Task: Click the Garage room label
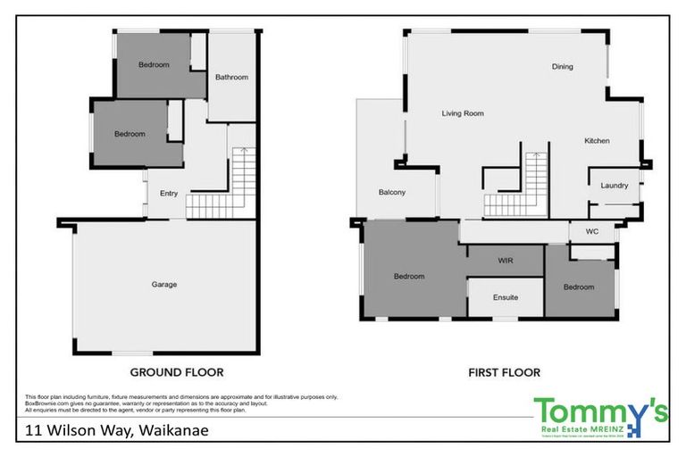(x=163, y=285)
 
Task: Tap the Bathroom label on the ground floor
(x=231, y=78)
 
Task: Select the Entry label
(x=169, y=194)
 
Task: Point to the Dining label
(x=562, y=67)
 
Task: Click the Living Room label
(x=463, y=113)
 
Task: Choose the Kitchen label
(x=597, y=141)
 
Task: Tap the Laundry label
(x=615, y=186)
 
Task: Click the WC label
(x=590, y=232)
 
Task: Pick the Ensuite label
(x=505, y=297)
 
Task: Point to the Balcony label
(x=392, y=193)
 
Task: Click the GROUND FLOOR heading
(x=177, y=372)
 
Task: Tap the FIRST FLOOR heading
(x=505, y=372)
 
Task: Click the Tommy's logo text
(x=599, y=412)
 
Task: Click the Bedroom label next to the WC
(x=579, y=287)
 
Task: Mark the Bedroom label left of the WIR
(x=409, y=277)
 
